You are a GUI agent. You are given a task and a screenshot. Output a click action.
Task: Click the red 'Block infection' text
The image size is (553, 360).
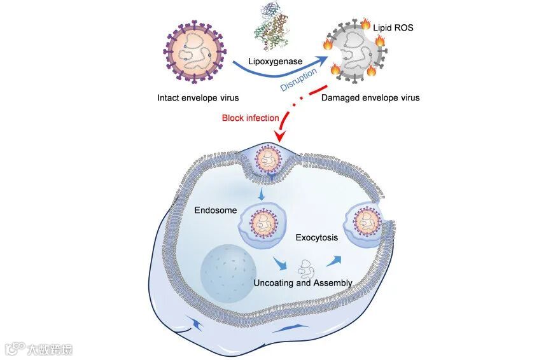(250, 118)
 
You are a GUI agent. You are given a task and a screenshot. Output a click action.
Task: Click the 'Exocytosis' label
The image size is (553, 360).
(317, 238)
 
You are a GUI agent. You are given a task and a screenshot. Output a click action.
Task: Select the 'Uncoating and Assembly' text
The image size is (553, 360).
(303, 282)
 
